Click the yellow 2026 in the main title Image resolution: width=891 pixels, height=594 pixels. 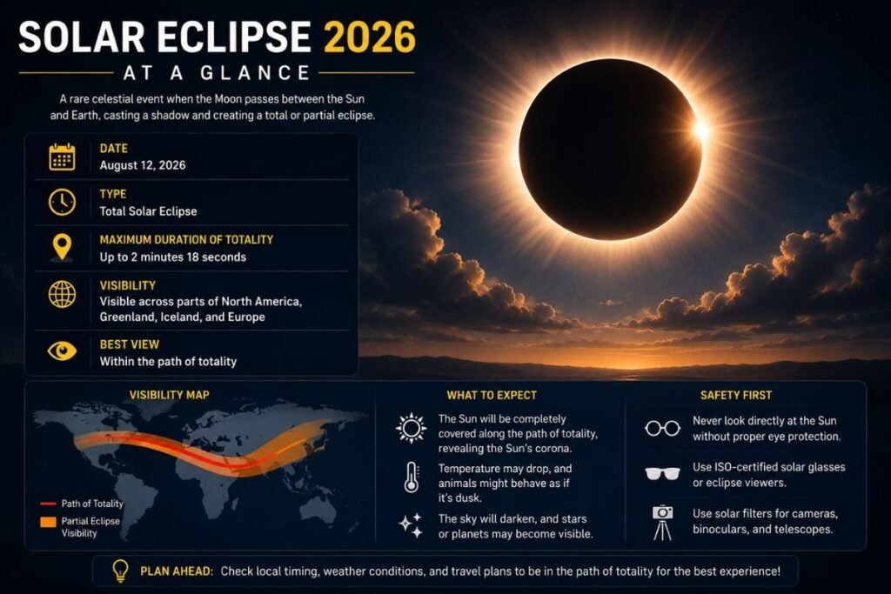point(369,37)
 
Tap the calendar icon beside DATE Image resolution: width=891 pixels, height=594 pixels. point(62,157)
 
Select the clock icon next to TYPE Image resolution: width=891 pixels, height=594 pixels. point(62,202)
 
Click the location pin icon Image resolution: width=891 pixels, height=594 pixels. point(62,248)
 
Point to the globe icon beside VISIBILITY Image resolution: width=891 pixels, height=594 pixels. point(62,294)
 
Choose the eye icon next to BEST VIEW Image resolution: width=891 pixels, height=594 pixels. point(62,351)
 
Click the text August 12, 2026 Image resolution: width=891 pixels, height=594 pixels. point(143,165)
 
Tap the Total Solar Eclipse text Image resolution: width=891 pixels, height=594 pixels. point(148,211)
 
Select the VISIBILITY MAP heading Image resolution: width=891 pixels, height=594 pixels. point(170,395)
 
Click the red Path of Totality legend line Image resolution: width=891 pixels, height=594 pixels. point(48,504)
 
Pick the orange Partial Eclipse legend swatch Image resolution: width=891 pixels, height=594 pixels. point(49,522)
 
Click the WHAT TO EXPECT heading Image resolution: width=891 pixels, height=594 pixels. point(492,395)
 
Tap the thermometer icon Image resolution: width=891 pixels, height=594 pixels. point(412,477)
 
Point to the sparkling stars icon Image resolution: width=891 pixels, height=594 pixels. point(411,525)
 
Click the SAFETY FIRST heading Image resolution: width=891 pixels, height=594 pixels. point(736,395)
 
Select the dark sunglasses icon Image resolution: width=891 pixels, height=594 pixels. point(662,474)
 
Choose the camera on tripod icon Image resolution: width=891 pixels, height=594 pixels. point(662,523)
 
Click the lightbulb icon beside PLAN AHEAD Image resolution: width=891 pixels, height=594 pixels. point(120,571)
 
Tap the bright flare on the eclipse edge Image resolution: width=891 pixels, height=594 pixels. point(700,130)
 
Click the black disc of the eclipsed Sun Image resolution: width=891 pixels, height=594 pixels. point(610,150)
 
